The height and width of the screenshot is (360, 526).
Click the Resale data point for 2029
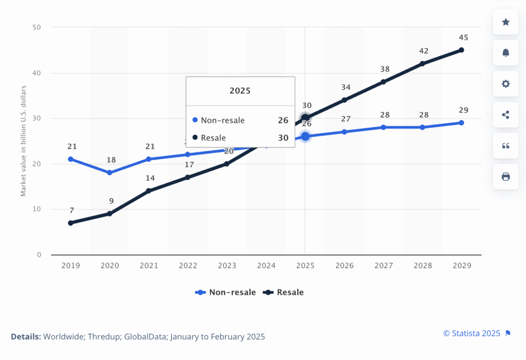pyautogui.click(x=461, y=50)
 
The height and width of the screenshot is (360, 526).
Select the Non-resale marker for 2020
pyautogui.click(x=109, y=173)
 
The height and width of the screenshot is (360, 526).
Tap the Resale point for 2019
pyautogui.click(x=70, y=223)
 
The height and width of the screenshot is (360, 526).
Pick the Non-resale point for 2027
pyautogui.click(x=383, y=127)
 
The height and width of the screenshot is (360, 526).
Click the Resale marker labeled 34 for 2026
pyautogui.click(x=344, y=100)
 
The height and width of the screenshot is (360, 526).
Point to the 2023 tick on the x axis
pyautogui.click(x=227, y=266)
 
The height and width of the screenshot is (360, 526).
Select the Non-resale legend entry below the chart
pyautogui.click(x=226, y=292)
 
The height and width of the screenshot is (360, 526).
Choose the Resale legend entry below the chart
pyautogui.click(x=284, y=292)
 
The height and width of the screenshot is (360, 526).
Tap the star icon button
pyautogui.click(x=505, y=22)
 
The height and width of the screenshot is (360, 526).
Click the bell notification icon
pyautogui.click(x=505, y=53)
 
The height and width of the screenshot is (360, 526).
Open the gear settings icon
pyautogui.click(x=505, y=84)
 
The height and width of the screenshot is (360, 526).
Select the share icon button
pyautogui.click(x=505, y=115)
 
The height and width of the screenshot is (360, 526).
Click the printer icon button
pyautogui.click(x=505, y=177)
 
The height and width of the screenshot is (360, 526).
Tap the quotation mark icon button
pyautogui.click(x=505, y=146)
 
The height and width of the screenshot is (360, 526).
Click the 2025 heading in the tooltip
pyautogui.click(x=240, y=91)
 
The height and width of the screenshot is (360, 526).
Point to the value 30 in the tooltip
pyautogui.click(x=283, y=138)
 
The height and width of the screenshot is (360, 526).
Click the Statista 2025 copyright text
pyautogui.click(x=472, y=333)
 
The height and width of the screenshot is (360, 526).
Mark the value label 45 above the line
pyautogui.click(x=463, y=37)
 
